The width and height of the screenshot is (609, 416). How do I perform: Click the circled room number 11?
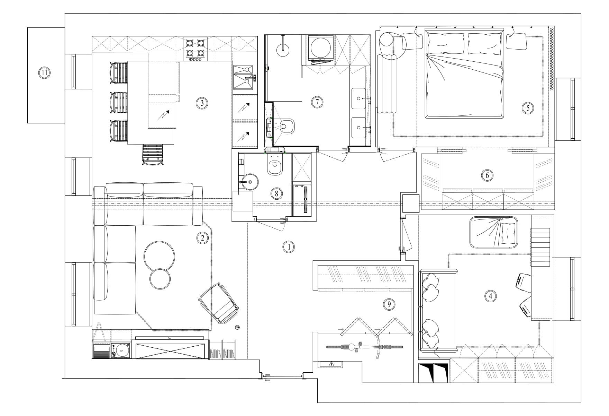(44, 73)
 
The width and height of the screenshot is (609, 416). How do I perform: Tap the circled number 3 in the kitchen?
(202, 103)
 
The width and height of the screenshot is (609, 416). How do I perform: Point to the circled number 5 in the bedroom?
(528, 108)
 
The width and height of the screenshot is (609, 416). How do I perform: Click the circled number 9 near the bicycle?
(389, 304)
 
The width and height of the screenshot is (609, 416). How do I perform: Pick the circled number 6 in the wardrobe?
(487, 175)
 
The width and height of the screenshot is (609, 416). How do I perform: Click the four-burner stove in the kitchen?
(195, 49)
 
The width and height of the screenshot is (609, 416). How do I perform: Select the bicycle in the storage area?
(365, 347)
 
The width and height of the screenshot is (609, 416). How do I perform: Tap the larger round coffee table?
(159, 256)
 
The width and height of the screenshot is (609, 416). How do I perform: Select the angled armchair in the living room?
(219, 304)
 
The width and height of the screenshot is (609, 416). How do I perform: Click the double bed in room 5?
(465, 74)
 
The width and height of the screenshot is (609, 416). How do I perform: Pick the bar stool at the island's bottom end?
(153, 155)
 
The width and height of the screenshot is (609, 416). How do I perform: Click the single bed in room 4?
(494, 232)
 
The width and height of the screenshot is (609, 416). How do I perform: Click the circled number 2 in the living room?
(202, 237)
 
